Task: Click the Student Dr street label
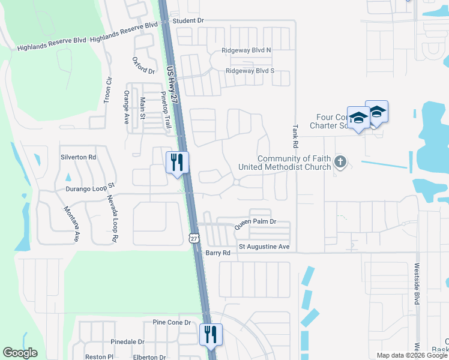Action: click(x=188, y=20)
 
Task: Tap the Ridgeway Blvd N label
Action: click(x=246, y=51)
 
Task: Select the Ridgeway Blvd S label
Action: click(x=250, y=71)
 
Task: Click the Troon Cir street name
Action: click(x=108, y=89)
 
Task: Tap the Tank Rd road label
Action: click(x=295, y=137)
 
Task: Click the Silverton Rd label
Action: click(x=78, y=157)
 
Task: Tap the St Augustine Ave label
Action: click(x=264, y=247)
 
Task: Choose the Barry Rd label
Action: click(x=218, y=253)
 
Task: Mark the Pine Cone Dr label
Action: click(x=172, y=322)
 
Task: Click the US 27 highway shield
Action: click(x=193, y=238)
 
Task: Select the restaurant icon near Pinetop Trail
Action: click(x=177, y=162)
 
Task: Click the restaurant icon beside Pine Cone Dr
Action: click(x=210, y=334)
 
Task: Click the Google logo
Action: click(x=20, y=353)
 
